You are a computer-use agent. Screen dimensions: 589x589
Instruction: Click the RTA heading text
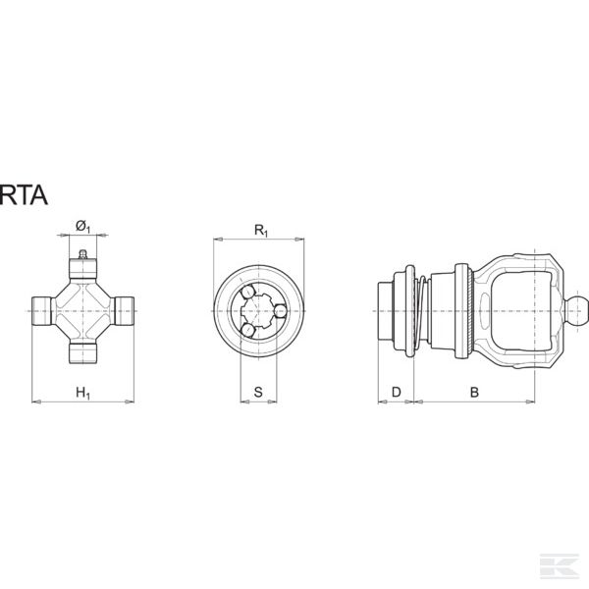coord(24,195)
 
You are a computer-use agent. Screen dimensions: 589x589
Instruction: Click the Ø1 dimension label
coord(83,227)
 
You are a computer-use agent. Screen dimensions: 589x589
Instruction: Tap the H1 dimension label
coord(83,393)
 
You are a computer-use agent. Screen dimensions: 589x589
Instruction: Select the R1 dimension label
coord(261,231)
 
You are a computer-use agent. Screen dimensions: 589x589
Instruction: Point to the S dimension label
coord(258,392)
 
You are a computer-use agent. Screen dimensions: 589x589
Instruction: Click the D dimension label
coord(397,392)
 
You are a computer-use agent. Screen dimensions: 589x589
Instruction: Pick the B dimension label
coord(474,392)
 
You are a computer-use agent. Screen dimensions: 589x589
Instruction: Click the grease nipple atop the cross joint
coord(83,254)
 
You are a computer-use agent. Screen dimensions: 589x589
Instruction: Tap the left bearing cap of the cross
coord(41,311)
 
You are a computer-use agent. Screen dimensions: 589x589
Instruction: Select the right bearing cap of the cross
coord(124,311)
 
